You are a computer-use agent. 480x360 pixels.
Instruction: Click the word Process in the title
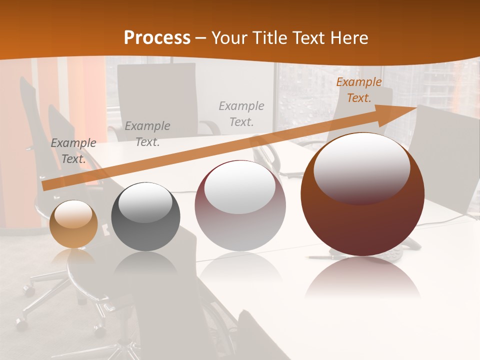pyautogui.click(x=157, y=38)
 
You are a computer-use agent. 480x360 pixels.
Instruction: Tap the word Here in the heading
pyautogui.click(x=347, y=38)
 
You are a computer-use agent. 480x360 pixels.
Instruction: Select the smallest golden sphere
pyautogui.click(x=73, y=224)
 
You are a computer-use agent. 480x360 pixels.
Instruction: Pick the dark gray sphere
pyautogui.click(x=145, y=217)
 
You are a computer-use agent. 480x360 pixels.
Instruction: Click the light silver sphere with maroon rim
pyautogui.click(x=240, y=206)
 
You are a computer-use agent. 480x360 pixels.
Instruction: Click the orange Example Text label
pyautogui.click(x=358, y=90)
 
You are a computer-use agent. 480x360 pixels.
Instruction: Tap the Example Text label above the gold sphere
pyautogui.click(x=73, y=151)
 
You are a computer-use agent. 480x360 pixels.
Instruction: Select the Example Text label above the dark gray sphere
pyautogui.click(x=147, y=134)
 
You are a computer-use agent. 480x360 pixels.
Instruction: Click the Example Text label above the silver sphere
pyautogui.click(x=241, y=113)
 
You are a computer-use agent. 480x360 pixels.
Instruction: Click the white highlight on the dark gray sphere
pyautogui.click(x=145, y=202)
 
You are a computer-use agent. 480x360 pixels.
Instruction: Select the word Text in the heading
pyautogui.click(x=307, y=38)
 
